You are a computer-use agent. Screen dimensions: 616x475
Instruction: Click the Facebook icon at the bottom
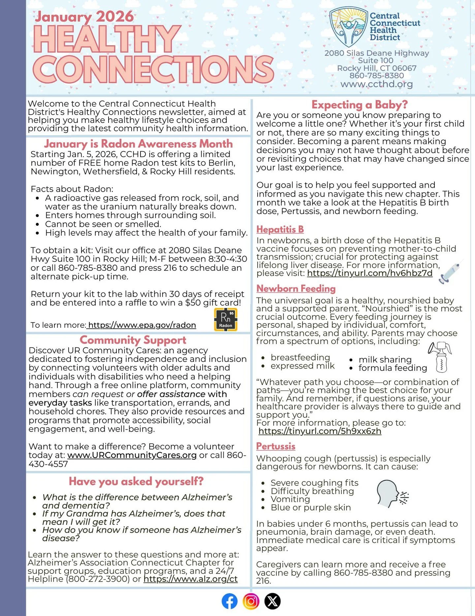(x=230, y=601)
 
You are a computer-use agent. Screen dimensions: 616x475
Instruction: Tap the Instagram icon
(x=251, y=601)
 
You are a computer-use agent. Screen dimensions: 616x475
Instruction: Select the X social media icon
(x=272, y=601)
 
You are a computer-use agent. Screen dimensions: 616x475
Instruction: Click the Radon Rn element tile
(x=226, y=320)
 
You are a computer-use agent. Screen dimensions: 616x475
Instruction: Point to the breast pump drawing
(x=440, y=357)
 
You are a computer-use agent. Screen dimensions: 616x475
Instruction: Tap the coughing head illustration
(x=392, y=494)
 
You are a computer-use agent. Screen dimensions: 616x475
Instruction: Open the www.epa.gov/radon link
(x=142, y=325)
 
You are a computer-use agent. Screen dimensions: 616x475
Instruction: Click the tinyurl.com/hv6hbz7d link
(x=369, y=273)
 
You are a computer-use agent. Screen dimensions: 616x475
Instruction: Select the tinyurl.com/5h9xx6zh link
(x=320, y=431)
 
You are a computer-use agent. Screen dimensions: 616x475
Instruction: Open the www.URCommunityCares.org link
(x=132, y=455)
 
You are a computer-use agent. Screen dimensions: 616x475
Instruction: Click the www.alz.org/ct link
(x=191, y=579)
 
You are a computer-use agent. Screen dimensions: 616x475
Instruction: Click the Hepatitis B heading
(x=280, y=229)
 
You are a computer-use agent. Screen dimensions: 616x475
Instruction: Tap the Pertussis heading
(x=276, y=446)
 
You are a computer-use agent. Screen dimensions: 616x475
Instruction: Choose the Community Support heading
(x=133, y=340)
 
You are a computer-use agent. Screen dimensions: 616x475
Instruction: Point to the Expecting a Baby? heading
(x=360, y=105)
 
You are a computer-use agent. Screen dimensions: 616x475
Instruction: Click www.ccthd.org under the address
(x=376, y=84)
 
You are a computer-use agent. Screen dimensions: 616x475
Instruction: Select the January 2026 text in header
(x=84, y=17)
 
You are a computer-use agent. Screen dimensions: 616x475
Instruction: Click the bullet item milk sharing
(x=385, y=360)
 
